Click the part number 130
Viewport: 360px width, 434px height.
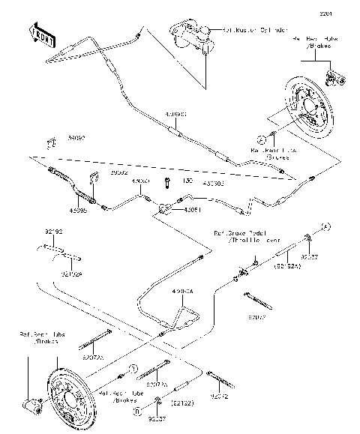click(167, 182)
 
